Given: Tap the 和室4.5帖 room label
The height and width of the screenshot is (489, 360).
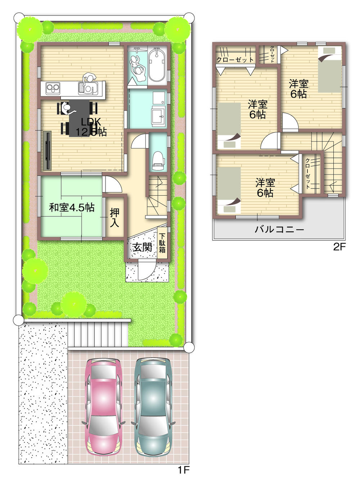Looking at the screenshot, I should [72, 208].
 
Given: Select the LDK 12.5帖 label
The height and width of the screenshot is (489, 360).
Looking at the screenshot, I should [91, 127].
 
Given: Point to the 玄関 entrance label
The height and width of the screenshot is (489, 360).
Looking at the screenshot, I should [142, 247].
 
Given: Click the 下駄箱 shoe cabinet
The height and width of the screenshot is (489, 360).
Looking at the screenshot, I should [162, 244].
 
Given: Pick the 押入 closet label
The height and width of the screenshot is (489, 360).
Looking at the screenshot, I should [114, 218].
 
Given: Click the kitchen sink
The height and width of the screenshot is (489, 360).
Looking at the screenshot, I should [88, 87].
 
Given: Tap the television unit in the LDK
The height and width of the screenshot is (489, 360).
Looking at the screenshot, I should [47, 150].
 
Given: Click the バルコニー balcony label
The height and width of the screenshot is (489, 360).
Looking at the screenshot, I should [279, 230].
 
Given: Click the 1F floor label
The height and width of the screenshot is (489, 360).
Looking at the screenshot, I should [183, 470].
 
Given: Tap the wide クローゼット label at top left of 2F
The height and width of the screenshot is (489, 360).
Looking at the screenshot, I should [235, 59].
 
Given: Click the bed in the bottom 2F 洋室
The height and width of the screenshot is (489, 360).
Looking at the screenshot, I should [229, 190].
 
